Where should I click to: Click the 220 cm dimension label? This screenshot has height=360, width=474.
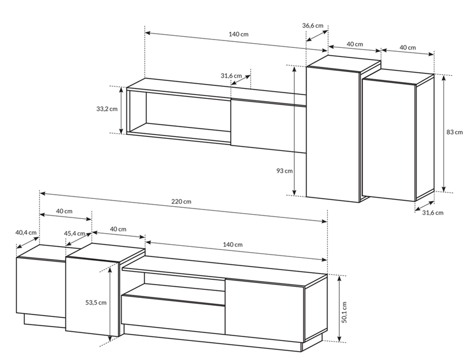[x=181, y=202]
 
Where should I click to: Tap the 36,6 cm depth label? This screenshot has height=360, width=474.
[x=312, y=26]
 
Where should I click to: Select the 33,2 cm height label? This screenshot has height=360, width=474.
[x=107, y=109]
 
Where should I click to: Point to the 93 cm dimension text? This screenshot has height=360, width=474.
[x=284, y=171]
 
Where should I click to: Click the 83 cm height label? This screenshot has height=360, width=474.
[x=455, y=132]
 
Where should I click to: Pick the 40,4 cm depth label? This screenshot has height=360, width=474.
[x=26, y=233]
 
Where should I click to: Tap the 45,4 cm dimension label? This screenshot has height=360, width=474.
[x=75, y=234]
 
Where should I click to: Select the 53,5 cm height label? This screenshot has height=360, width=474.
[x=96, y=302]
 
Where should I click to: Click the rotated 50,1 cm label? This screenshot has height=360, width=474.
[x=345, y=312]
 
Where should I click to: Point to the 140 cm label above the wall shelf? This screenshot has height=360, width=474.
[x=239, y=34]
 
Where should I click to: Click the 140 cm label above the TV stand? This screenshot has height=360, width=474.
[x=233, y=245]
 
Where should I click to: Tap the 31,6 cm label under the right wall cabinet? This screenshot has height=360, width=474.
[x=433, y=213]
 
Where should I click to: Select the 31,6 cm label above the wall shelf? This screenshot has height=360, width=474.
[x=231, y=76]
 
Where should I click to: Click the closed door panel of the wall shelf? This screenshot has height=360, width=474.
[x=269, y=125]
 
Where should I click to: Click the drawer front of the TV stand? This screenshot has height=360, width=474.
[x=173, y=315]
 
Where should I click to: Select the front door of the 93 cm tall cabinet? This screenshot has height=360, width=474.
[x=332, y=134]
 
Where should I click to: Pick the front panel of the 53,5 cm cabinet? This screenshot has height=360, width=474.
[x=91, y=297]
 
